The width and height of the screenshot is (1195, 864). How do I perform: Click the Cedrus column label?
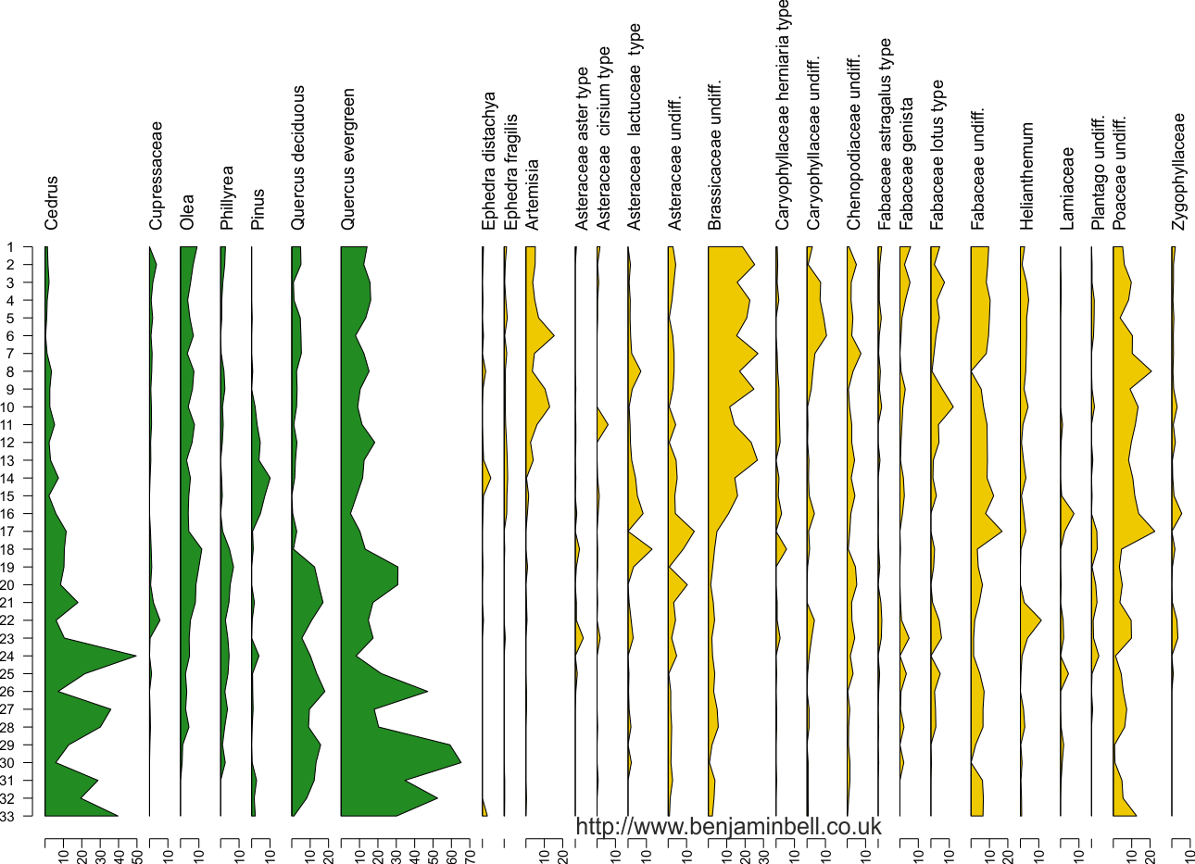click(x=51, y=203)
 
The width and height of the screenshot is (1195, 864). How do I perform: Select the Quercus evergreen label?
click(x=347, y=159)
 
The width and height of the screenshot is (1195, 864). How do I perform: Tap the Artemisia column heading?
click(x=533, y=194)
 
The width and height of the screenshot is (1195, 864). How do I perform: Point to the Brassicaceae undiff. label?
click(x=715, y=156)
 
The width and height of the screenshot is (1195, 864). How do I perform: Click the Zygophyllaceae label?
click(x=1178, y=171)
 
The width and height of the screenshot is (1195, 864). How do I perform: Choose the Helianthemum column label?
click(x=1027, y=176)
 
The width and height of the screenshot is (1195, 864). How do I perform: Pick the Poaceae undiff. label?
click(x=1119, y=173)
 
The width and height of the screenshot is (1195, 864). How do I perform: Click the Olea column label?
click(x=187, y=212)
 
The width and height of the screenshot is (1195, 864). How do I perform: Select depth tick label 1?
click(x=10, y=247)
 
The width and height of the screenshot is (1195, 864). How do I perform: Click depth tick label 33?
click(x=7, y=816)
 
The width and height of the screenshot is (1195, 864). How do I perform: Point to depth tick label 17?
click(x=7, y=532)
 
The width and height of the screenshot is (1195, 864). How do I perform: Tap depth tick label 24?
click(x=7, y=656)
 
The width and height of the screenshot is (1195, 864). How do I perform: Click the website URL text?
click(x=729, y=826)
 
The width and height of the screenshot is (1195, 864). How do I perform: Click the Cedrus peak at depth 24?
click(x=136, y=656)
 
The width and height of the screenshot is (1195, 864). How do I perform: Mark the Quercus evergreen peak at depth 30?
click(x=461, y=763)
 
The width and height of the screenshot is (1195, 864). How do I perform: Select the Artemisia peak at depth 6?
click(x=554, y=335)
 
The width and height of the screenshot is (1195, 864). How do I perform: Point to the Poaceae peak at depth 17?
click(x=1155, y=532)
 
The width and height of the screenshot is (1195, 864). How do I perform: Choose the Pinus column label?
click(x=258, y=209)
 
